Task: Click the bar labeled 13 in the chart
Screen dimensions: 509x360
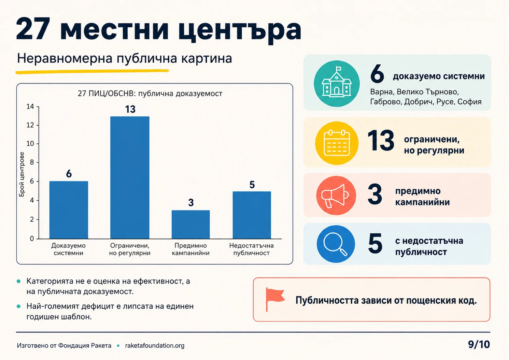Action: pos(130,177)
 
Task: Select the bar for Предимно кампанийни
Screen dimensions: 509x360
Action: pos(190,225)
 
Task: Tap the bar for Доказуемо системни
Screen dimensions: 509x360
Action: pos(69,210)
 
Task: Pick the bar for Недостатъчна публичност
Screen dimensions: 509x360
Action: pos(252,215)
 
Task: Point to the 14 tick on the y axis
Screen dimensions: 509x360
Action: pos(30,106)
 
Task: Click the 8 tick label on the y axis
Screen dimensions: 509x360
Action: pos(32,162)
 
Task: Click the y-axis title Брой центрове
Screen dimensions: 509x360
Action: pos(22,174)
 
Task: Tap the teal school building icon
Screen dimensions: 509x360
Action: pos(337,84)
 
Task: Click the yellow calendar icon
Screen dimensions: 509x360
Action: pos(337,143)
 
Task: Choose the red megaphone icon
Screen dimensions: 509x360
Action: pos(336,195)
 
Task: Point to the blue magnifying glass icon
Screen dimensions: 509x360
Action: pos(336,244)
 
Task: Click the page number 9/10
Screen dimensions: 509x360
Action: pos(479,345)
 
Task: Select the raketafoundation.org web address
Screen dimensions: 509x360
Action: pos(155,345)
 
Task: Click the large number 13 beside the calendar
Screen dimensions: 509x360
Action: pos(381,141)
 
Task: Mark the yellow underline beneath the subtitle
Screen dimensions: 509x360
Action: pos(92,72)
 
